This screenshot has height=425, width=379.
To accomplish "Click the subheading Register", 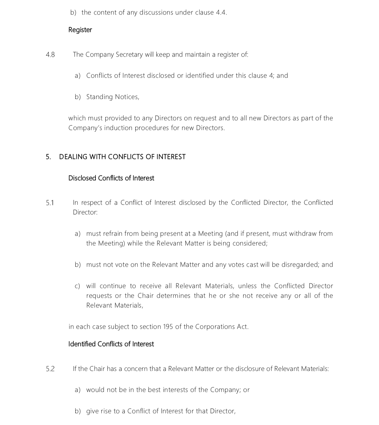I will point(80,30).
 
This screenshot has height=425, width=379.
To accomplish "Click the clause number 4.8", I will point(50,55).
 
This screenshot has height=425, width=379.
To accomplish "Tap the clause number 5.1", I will point(50,203).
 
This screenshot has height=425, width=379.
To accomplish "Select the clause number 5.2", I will point(50,369).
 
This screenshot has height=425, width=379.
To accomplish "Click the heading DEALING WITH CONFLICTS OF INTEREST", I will point(122,157).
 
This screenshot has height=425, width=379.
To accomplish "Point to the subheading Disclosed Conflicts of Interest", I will point(111,178).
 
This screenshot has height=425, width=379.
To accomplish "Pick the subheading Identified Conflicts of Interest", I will point(111,344).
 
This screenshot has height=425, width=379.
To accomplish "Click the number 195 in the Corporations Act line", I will point(168,327).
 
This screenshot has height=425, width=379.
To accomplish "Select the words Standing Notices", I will point(112,97).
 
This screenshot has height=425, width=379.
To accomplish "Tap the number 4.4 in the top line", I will point(221,13).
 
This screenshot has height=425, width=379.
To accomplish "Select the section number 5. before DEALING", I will point(48,157).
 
